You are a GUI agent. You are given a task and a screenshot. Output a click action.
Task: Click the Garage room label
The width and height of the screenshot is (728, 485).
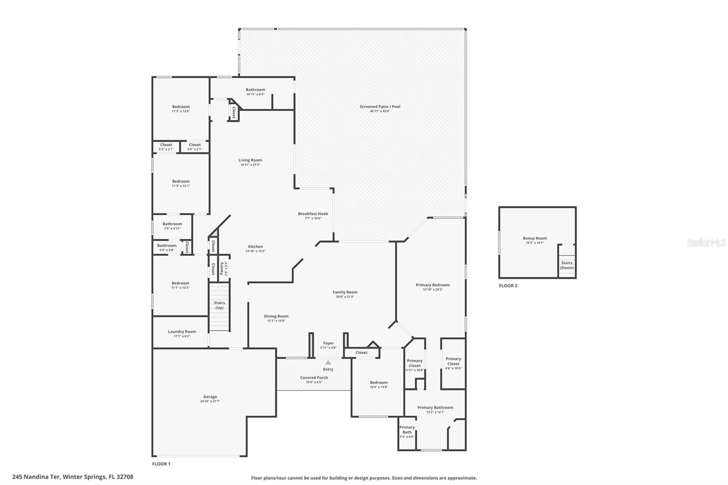pos(210,399)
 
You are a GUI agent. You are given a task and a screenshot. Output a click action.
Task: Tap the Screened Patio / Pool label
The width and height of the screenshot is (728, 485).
pos(380,108)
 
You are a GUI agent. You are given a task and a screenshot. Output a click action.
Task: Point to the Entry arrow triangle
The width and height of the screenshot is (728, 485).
pos(328,363)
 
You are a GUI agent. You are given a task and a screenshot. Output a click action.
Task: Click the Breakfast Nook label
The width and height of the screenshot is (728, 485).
pos(313,215)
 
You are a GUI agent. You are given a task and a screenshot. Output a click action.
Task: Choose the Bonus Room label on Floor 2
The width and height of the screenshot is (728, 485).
pos(535,240)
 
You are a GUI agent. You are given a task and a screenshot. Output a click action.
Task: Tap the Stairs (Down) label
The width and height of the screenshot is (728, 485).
pos(566,265)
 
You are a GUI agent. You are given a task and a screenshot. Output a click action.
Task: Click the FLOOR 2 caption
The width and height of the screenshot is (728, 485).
pos(508,286)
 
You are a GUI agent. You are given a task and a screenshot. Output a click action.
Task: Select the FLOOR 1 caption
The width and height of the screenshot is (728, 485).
pos(161,464)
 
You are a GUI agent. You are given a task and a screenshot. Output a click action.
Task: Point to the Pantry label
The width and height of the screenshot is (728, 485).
pos(222,268)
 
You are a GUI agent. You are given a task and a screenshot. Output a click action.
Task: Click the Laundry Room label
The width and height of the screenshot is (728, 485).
pos(182,333)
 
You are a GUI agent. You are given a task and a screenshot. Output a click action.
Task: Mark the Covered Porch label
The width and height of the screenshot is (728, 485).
pos(314,379)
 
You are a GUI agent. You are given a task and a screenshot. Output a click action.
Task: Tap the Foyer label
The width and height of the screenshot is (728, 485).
pos(328,345)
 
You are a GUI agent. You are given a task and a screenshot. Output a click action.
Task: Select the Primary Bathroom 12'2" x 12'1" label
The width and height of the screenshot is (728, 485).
pos(435,409)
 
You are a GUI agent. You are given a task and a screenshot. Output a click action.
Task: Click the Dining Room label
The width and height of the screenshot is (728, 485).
pos(276,318)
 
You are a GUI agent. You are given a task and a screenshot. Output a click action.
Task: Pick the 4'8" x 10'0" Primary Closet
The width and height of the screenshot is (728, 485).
pos(453,363)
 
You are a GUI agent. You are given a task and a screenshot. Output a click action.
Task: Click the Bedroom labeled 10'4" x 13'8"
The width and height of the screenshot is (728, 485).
pos(379,384)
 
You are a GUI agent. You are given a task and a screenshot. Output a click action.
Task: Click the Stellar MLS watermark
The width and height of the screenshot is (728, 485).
pos(707,242)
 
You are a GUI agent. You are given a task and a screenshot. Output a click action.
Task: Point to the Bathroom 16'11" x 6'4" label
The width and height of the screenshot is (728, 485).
pos(255,91)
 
